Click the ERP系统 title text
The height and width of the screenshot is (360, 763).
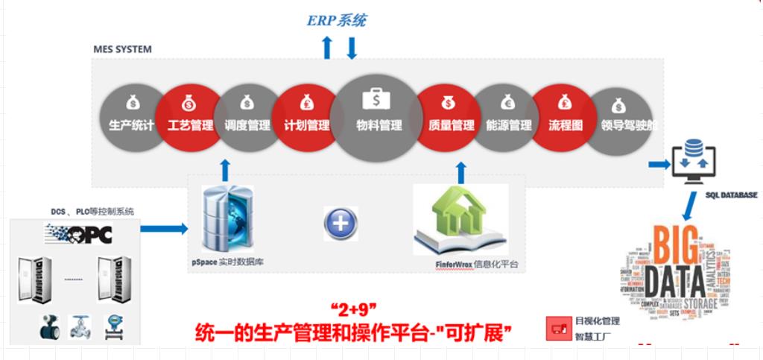(x=337, y=20)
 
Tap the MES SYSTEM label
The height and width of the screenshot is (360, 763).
(x=122, y=50)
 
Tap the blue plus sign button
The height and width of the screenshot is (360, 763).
(x=341, y=223)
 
